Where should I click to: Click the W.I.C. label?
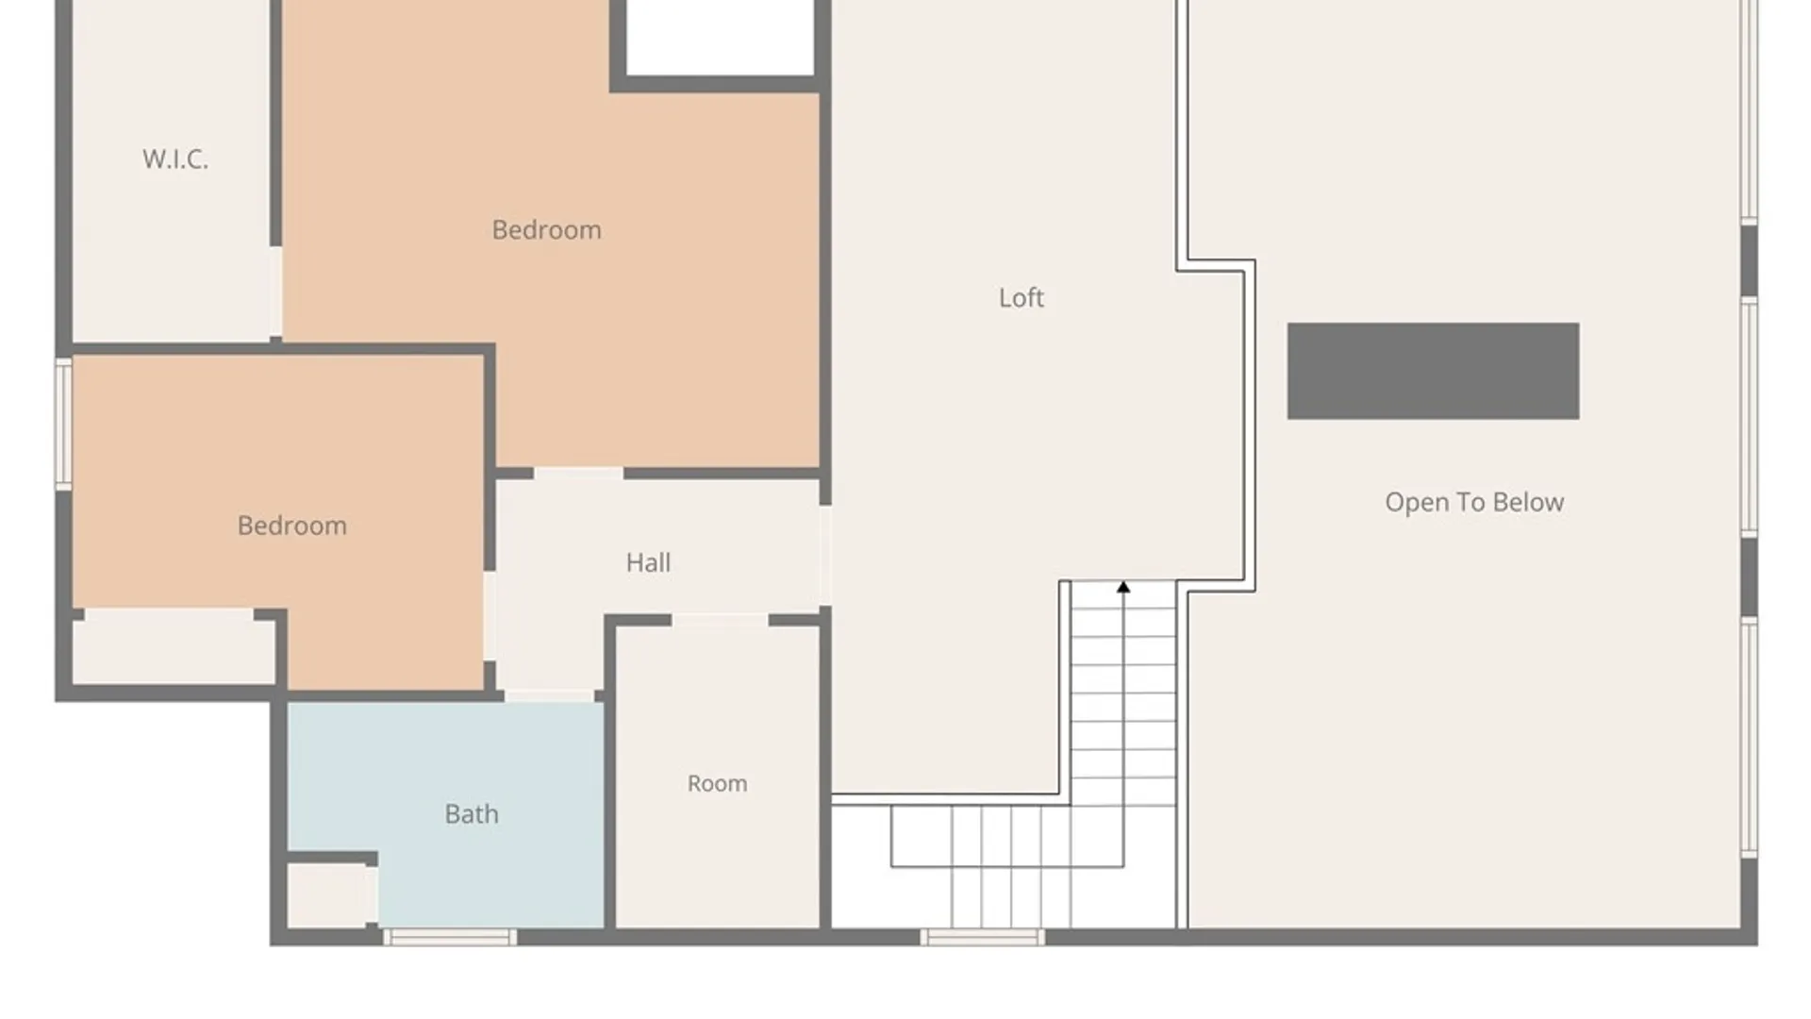tap(175, 159)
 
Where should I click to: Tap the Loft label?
tap(1022, 297)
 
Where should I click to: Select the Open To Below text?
tap(1474, 502)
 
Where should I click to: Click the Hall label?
tap(648, 562)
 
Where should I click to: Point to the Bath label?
tap(472, 813)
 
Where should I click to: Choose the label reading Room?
tap(717, 783)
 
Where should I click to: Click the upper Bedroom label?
tap(547, 229)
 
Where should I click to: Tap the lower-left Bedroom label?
tap(292, 525)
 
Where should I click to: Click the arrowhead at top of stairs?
tap(1123, 588)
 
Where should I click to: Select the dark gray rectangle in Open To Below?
tap(1433, 371)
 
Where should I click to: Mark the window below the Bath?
tap(449, 937)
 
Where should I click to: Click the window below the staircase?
tap(982, 937)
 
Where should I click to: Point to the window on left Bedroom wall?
tap(63, 423)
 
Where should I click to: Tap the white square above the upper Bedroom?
tap(721, 36)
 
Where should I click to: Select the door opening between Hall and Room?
tap(720, 620)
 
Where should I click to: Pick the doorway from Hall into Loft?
tap(824, 556)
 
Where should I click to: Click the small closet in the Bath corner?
tap(328, 894)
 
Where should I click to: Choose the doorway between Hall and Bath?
tap(549, 696)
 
